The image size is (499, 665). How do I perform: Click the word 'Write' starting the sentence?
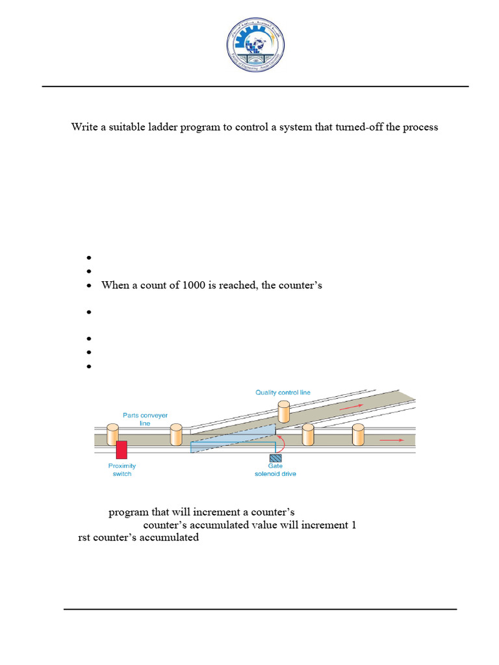pos(84,127)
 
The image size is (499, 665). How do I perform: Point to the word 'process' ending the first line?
pos(420,127)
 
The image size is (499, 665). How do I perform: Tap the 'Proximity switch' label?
pos(122,470)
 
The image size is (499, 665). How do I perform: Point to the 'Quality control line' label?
pos(282,392)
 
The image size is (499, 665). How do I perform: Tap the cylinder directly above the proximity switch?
pos(112,434)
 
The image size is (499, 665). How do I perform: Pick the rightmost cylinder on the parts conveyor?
pos(358,434)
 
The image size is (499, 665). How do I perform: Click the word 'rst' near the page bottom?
pos(83,538)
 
